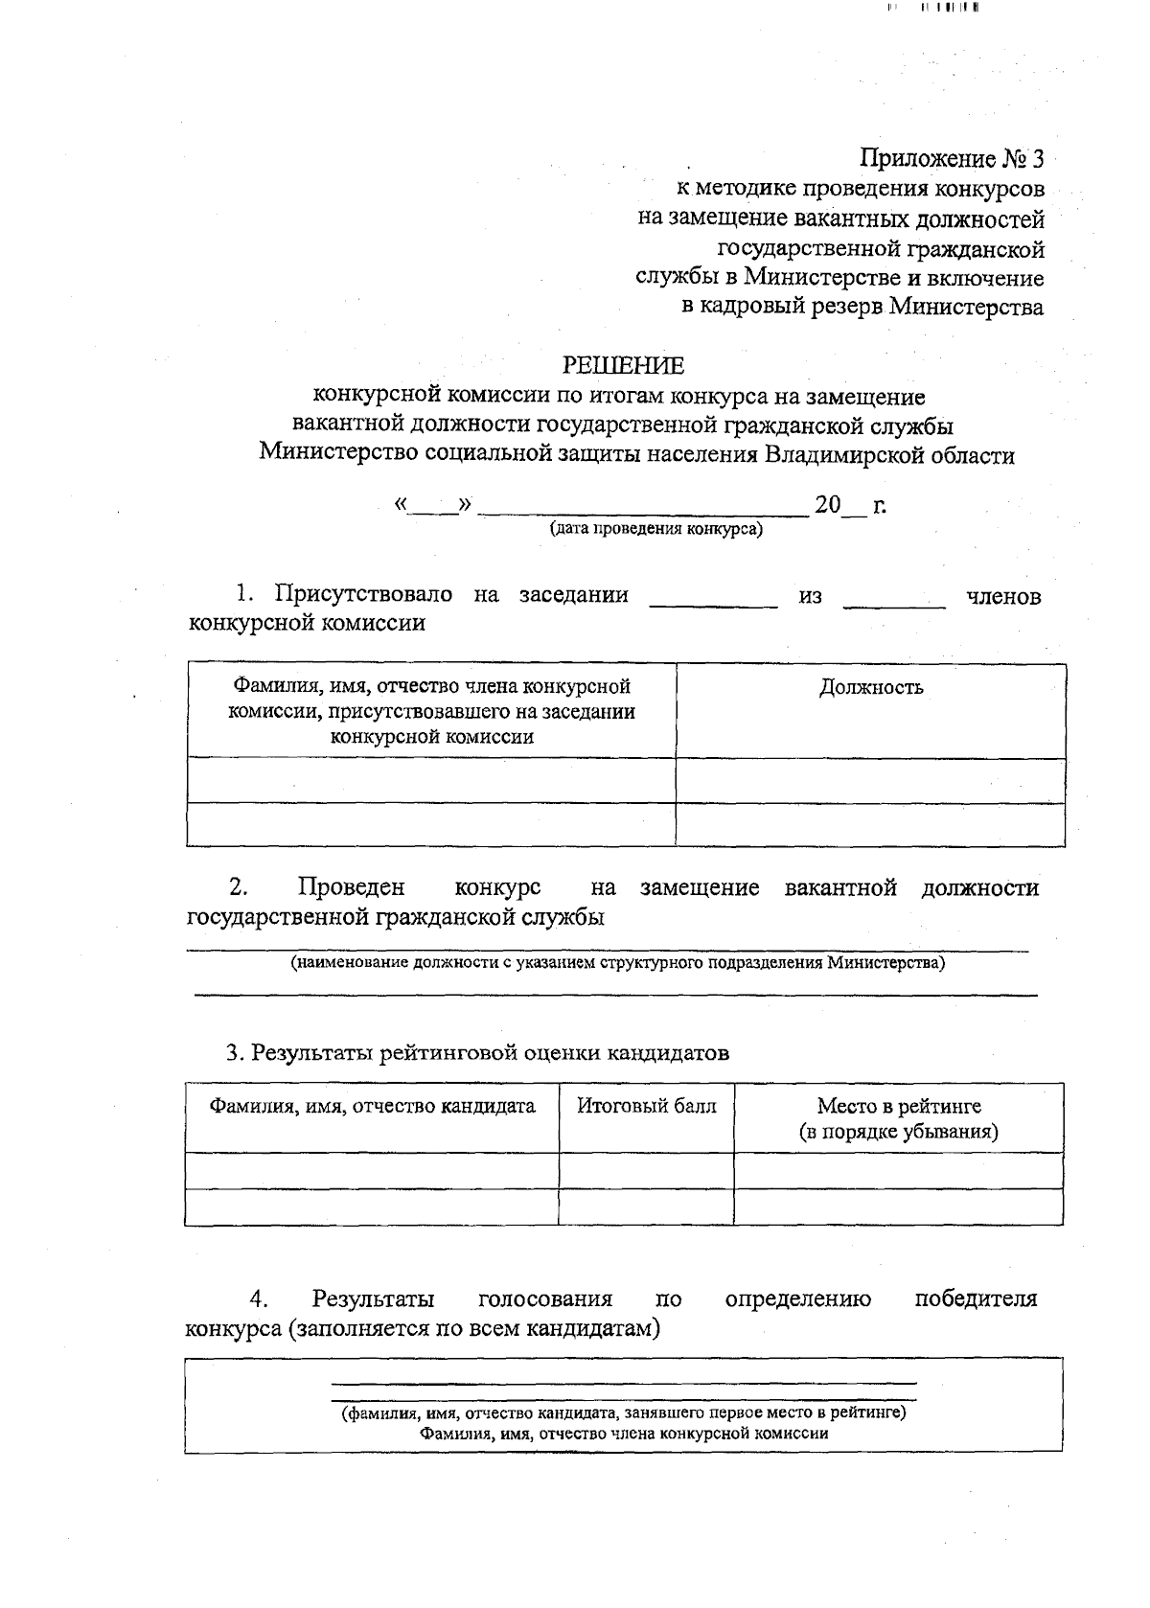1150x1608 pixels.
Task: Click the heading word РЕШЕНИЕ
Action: point(623,365)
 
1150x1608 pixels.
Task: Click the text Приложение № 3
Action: point(953,158)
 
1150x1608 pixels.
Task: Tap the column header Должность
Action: point(870,687)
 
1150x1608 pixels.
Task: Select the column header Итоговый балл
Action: point(646,1106)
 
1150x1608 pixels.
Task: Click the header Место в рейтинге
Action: point(898,1106)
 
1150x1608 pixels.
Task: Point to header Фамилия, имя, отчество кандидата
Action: point(372,1106)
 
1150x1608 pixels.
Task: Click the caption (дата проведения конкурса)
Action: point(655,528)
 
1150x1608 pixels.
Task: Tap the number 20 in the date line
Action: point(826,505)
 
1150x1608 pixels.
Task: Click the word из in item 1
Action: point(810,596)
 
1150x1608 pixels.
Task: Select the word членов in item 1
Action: point(1002,596)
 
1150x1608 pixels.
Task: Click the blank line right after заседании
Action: point(713,602)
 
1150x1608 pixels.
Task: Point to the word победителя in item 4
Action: point(976,1299)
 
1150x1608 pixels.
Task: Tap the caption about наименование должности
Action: point(617,963)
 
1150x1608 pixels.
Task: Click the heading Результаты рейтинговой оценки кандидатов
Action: point(477,1053)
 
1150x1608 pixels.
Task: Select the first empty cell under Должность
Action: point(870,780)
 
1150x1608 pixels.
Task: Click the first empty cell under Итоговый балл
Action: point(646,1170)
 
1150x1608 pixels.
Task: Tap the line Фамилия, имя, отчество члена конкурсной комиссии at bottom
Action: point(623,1434)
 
